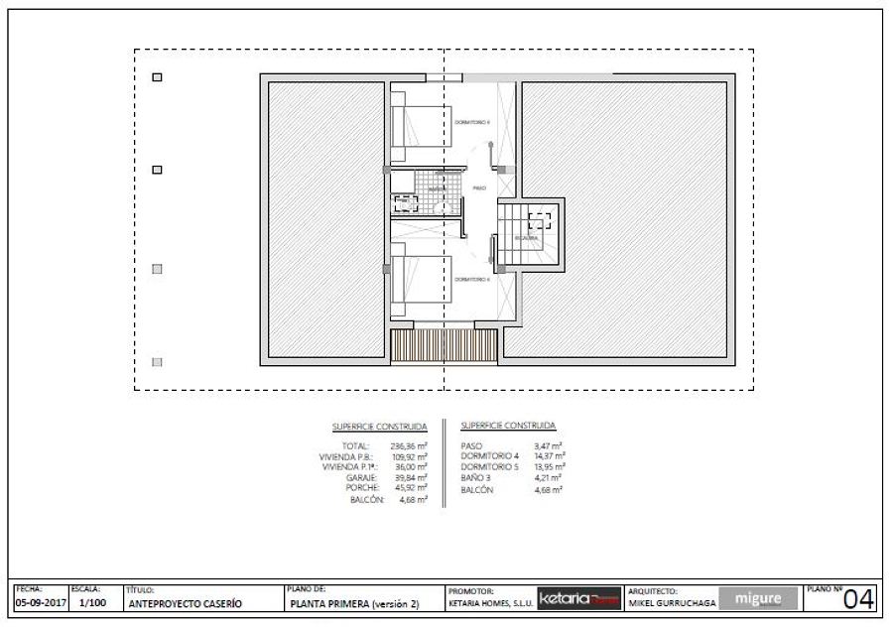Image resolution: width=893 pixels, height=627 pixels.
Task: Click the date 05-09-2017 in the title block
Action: coord(39,602)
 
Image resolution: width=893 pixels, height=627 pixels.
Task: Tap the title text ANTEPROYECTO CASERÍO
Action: coord(186,603)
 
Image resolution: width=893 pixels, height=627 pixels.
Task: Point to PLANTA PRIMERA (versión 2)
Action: coord(354,603)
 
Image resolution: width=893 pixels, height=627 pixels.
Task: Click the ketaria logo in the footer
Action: coord(578,599)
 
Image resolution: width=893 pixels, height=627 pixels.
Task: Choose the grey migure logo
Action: coord(758,599)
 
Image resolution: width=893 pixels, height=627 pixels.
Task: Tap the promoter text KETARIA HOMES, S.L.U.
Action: coord(491,603)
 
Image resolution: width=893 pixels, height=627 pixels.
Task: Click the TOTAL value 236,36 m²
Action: coord(409,446)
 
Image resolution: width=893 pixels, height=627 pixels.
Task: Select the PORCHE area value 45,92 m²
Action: coord(409,488)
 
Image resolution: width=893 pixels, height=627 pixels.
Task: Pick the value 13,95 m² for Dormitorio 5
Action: coord(549,466)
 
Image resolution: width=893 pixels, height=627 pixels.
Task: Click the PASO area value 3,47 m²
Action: coord(548,446)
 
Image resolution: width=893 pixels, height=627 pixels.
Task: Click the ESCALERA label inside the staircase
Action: coord(527,238)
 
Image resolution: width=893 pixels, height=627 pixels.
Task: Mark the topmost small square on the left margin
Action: coord(156,77)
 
